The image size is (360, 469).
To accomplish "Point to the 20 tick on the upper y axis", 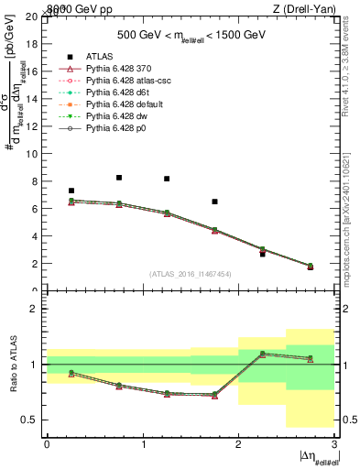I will coord(35,16).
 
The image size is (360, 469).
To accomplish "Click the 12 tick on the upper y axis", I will coord(35,126).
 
